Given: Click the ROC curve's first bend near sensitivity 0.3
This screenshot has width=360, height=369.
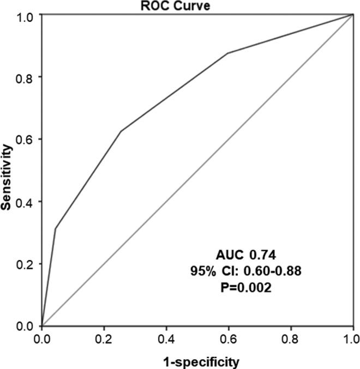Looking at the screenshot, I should click(55, 228).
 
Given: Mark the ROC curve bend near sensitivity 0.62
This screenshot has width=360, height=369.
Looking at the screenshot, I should click(120, 131).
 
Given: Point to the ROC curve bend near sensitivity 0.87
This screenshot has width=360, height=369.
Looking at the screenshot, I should click(227, 53).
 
